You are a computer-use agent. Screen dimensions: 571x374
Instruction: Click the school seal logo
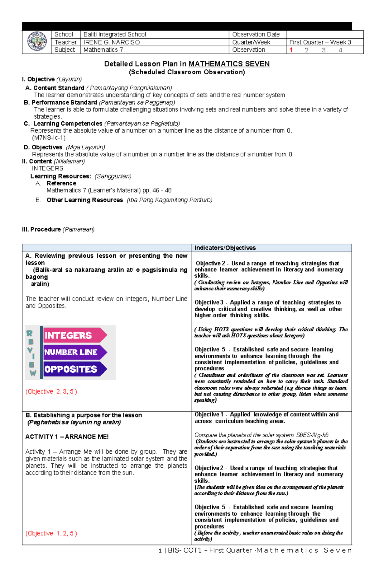click(37, 42)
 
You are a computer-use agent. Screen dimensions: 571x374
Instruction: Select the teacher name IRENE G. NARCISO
click(112, 42)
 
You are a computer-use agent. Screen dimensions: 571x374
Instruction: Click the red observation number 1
click(291, 50)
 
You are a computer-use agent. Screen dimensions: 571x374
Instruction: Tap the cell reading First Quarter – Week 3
click(320, 42)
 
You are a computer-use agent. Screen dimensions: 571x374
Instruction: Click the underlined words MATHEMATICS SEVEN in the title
click(229, 64)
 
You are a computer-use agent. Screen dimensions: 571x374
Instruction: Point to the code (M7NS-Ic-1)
click(49, 138)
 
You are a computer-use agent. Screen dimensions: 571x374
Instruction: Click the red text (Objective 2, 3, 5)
click(51, 391)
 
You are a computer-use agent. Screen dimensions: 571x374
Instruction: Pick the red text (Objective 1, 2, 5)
click(51, 533)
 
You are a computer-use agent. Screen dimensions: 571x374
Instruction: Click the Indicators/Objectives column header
click(225, 248)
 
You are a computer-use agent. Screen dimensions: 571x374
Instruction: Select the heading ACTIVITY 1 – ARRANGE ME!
click(67, 437)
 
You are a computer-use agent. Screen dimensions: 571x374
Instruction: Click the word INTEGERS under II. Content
click(47, 168)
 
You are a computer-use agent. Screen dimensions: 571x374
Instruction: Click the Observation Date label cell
click(256, 35)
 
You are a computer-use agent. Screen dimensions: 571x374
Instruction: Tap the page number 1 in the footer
click(160, 550)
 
